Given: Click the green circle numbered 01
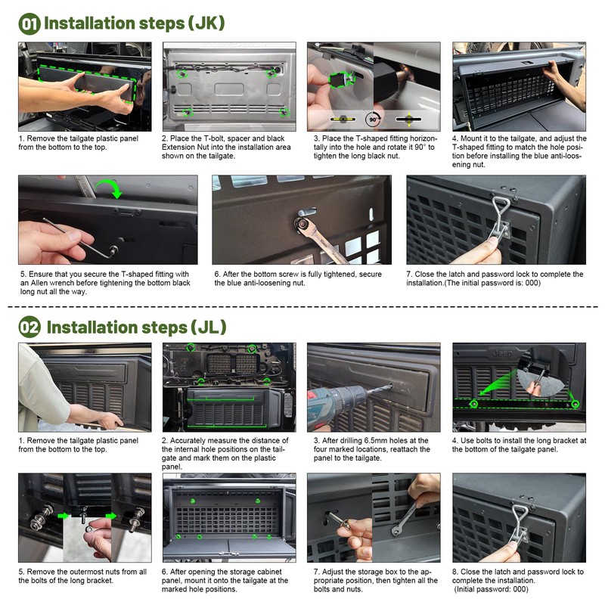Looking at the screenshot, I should tap(30, 23).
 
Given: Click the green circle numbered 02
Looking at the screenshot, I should tap(30, 327).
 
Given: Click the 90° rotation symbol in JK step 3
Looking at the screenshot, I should tap(373, 119).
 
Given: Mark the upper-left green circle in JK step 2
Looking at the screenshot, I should tap(181, 74).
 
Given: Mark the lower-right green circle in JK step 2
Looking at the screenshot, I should tap(284, 112).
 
